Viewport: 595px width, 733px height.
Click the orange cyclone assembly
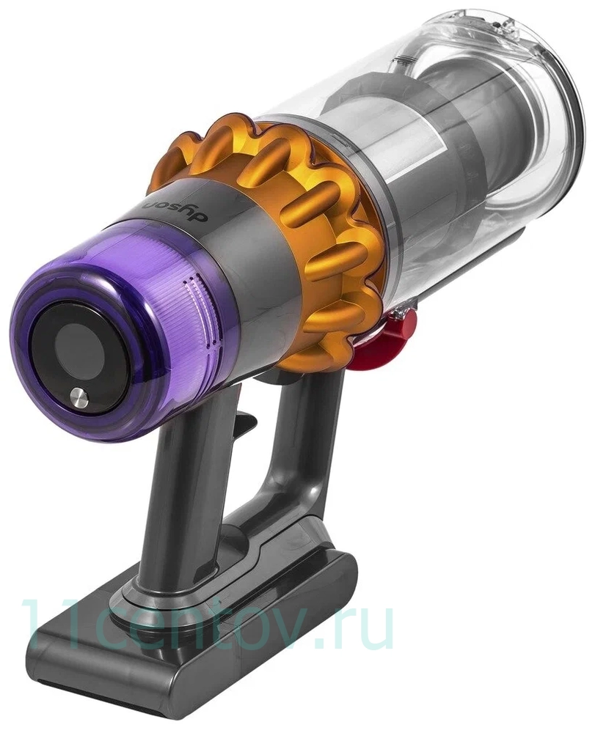(293, 213)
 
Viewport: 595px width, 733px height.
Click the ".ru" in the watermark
(345, 627)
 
